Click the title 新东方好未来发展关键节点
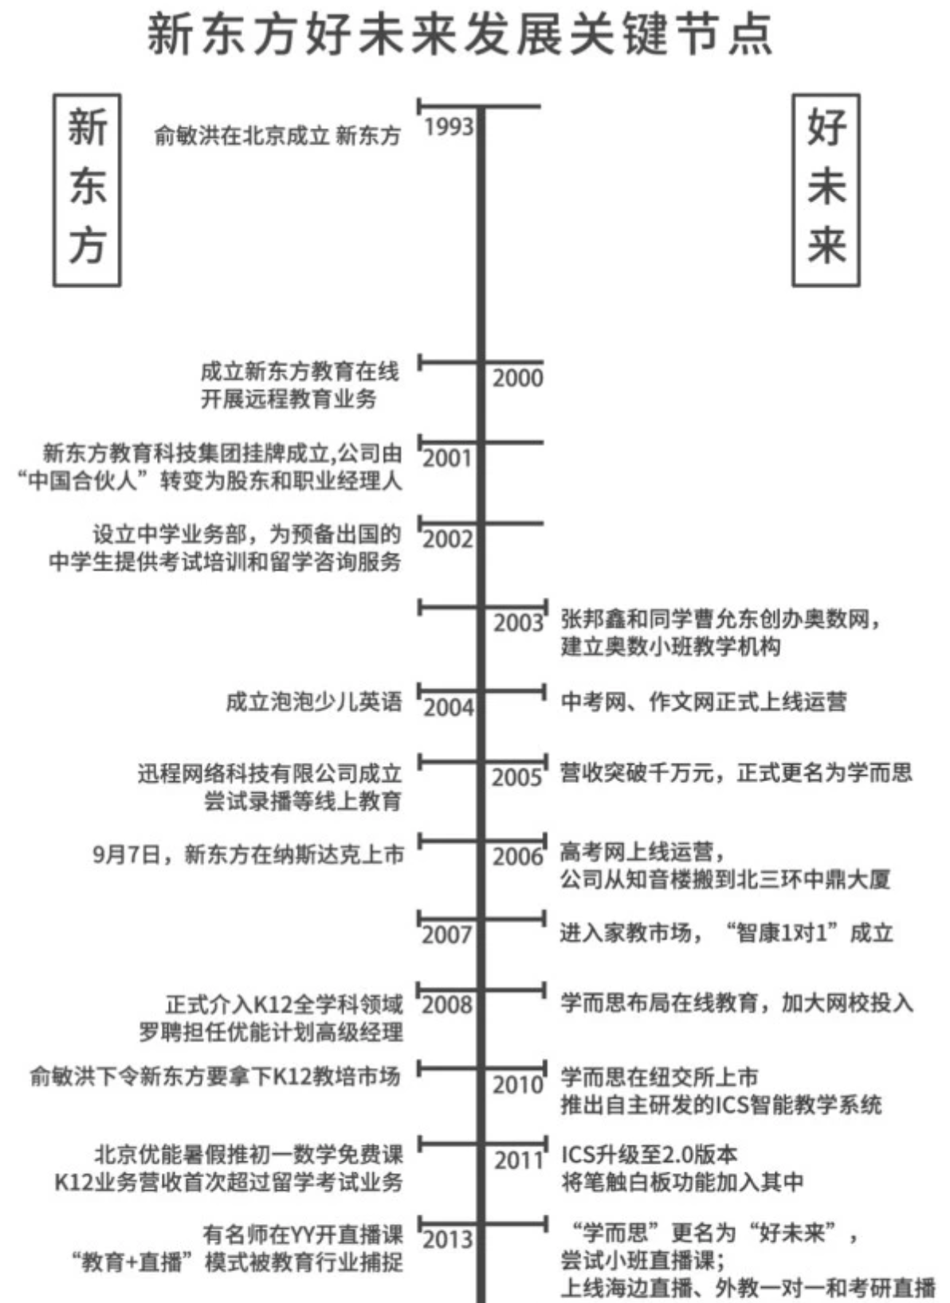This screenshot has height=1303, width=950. pos(460,36)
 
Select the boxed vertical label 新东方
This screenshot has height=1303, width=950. pos(87,190)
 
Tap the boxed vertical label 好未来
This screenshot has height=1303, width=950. pos(826,190)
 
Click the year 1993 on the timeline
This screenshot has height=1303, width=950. pos(448,127)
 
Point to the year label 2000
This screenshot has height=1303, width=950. pos(517,378)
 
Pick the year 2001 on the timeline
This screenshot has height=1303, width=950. pos(447,458)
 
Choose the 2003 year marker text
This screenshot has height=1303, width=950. pos(518,623)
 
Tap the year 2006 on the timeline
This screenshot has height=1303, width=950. pos(517,857)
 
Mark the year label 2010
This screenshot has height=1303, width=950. pos(517,1085)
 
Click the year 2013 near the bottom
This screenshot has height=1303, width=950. pos(447,1239)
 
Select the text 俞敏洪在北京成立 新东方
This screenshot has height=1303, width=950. pos(277,135)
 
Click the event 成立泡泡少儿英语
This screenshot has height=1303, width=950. pos(314,702)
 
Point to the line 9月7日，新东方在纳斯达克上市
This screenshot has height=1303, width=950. pos(249,855)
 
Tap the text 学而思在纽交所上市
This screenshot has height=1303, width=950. pos(659,1078)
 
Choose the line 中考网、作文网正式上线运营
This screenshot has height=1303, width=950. pos(703,702)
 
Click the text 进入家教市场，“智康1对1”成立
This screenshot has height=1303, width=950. pos(725,932)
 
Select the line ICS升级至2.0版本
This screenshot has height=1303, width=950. pos(649,1154)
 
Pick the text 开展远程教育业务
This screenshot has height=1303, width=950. pos(289,398)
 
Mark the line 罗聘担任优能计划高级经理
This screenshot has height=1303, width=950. pos(271,1032)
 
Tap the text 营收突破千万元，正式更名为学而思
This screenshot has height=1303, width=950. pos(736,772)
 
